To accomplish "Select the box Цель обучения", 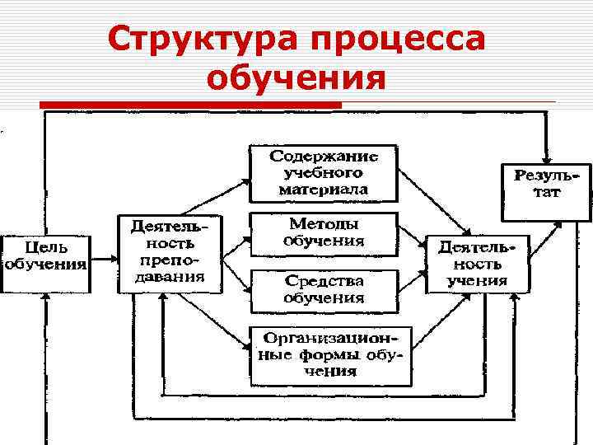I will coord(46,256).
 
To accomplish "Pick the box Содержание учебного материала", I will coord(323,173).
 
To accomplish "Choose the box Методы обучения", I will coord(323,233).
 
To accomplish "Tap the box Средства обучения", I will coord(323,289).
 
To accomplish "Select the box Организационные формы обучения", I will coord(329,355).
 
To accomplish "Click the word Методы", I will coord(323,225).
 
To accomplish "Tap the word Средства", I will coord(323,281).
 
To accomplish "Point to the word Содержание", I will coord(323,156).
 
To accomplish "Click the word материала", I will coord(323,190).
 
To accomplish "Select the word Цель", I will coord(46,247).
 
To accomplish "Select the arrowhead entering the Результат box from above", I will coord(544,157).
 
